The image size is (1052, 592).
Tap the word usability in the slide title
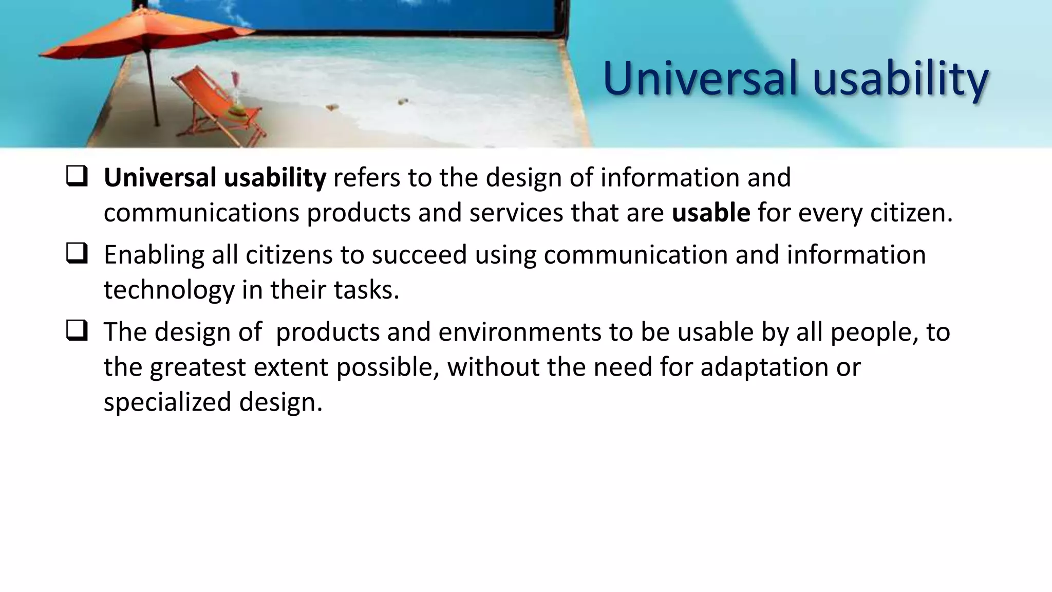pos(900,80)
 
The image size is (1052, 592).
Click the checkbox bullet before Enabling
pos(77,253)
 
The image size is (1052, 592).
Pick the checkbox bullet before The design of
pos(77,330)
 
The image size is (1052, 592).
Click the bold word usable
pos(711,212)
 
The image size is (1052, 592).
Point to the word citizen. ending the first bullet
pos(911,212)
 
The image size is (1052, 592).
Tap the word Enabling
pos(154,255)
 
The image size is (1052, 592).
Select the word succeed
pos(419,255)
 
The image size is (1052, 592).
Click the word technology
pos(168,290)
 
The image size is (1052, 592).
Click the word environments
pos(519,332)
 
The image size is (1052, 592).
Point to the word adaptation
pos(764,367)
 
